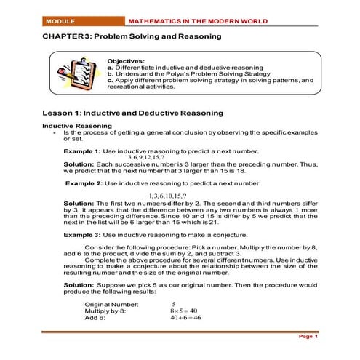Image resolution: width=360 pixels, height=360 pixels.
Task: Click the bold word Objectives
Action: point(125,62)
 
